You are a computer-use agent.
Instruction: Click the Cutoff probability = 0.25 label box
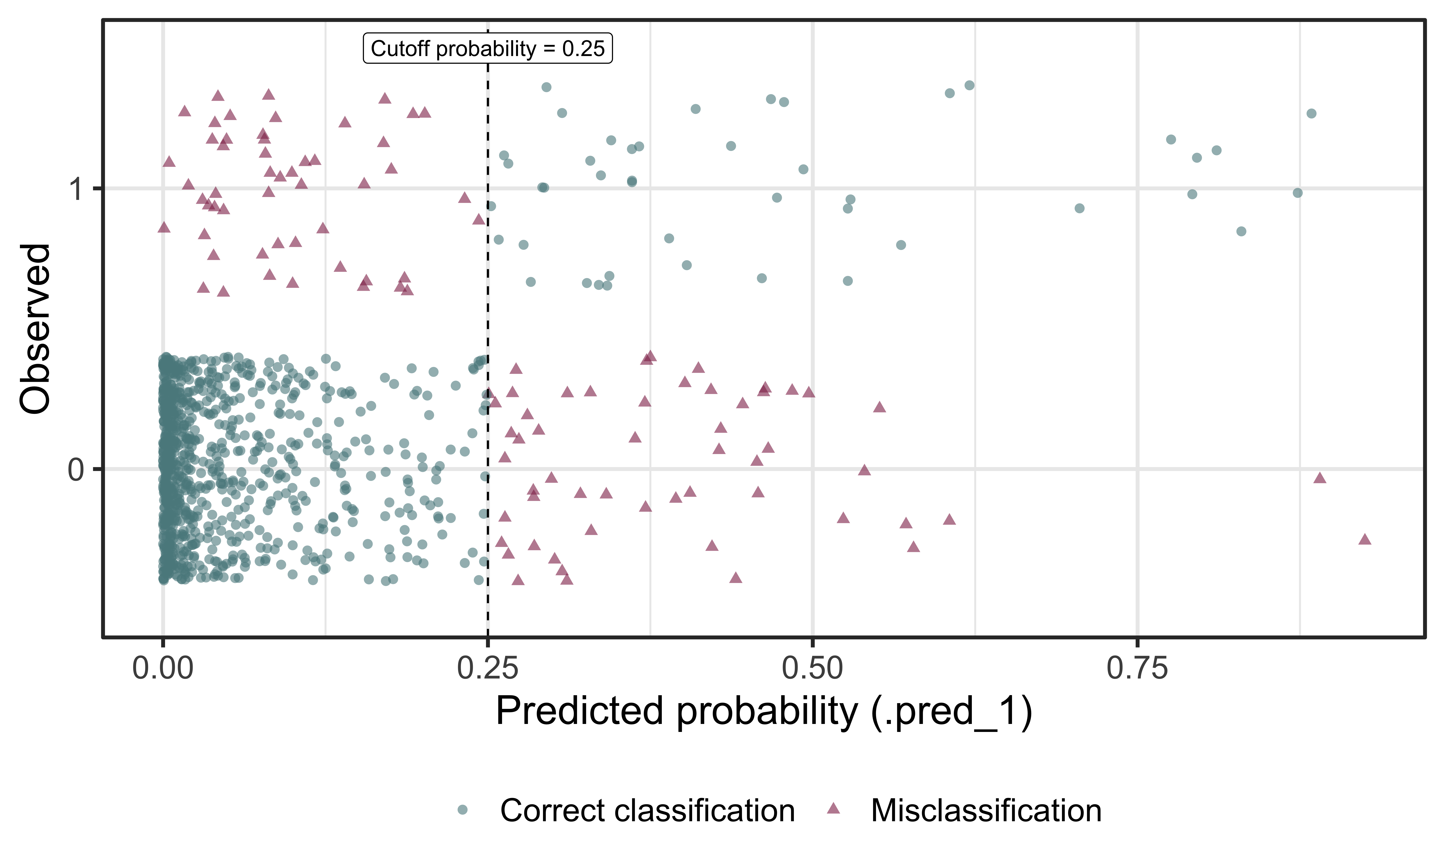(x=488, y=48)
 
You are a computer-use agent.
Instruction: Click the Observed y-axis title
(x=35, y=329)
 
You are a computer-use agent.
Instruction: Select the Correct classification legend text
(x=647, y=811)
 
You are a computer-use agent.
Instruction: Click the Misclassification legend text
(x=986, y=811)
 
